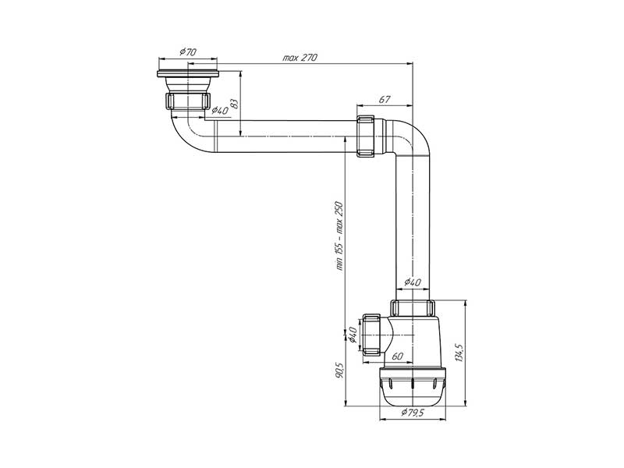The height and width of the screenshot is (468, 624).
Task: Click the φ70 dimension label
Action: pos(187,51)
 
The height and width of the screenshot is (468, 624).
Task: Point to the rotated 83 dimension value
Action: pos(233,101)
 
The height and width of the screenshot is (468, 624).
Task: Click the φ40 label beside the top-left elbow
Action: pos(220,112)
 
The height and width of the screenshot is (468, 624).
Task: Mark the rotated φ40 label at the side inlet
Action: pos(353,335)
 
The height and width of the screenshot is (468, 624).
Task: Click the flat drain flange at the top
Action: pos(190,74)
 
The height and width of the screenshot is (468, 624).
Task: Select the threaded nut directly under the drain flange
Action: pos(189,101)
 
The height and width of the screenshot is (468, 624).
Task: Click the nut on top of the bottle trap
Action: pos(412,308)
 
